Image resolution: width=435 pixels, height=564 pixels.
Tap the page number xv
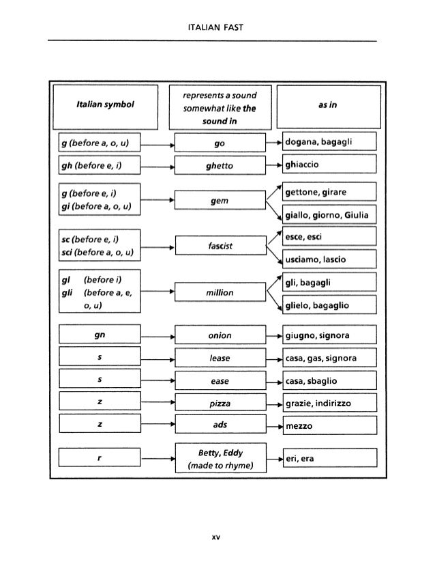(217, 537)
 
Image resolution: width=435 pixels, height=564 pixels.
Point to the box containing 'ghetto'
(219, 165)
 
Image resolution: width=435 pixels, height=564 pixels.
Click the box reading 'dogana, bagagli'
(328, 142)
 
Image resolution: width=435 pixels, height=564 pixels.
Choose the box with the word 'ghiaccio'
(328, 165)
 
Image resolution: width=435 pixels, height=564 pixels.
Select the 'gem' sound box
(219, 200)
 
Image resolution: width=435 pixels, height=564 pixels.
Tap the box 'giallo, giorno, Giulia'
(328, 215)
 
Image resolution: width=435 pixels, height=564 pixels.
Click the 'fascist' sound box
(219, 246)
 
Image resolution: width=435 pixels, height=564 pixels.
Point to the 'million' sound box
(219, 292)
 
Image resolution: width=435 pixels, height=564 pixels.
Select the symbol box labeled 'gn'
(100, 336)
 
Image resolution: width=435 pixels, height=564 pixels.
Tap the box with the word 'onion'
(219, 336)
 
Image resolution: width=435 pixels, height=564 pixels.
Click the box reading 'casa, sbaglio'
(328, 380)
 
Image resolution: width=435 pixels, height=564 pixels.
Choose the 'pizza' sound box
(219, 403)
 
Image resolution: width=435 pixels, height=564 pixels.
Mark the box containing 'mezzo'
(328, 425)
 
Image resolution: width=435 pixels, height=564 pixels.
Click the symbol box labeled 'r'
(100, 458)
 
